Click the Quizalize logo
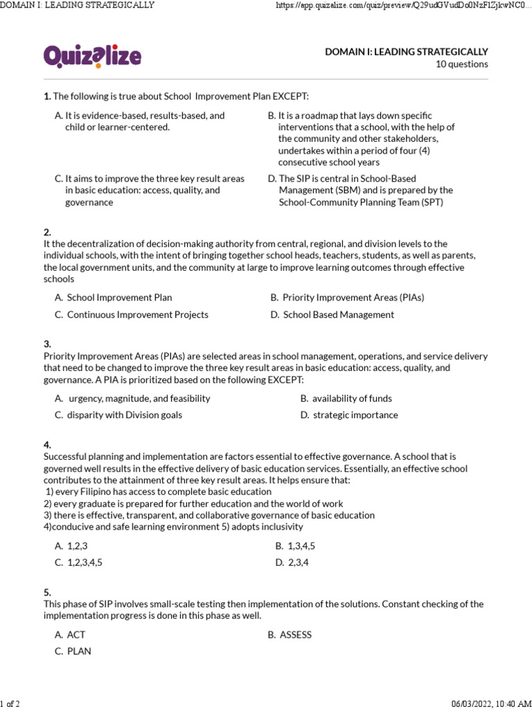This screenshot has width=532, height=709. point(92,57)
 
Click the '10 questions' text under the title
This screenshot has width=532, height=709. point(461,64)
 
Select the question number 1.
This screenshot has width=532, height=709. point(46,96)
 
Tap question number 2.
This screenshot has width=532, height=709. point(47,233)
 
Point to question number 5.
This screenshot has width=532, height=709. point(47,593)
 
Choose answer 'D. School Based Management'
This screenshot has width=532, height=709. point(332,314)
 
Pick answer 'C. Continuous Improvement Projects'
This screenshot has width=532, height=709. point(132,314)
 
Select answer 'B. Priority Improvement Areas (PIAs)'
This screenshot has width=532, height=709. point(347,298)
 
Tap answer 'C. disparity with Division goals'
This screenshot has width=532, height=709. point(118,415)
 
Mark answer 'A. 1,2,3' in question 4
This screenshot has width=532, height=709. point(71,546)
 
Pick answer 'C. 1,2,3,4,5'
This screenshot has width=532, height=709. point(78,562)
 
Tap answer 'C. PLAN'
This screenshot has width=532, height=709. point(73,651)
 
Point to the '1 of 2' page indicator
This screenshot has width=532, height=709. point(10,704)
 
